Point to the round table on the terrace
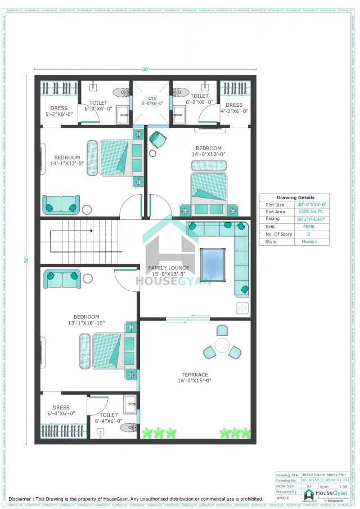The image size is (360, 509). coord(222,344)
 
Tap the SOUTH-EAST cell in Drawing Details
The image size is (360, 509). coord(310,219)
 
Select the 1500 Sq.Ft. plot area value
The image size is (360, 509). coord(310,211)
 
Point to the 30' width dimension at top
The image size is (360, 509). coord(145,70)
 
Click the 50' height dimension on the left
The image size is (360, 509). coord(26,260)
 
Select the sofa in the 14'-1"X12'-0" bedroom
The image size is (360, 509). coord(61,205)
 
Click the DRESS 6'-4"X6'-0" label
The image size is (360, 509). coord(61,411)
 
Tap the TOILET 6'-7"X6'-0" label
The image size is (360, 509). coord(98,106)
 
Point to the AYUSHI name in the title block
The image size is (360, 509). coord(282,498)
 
